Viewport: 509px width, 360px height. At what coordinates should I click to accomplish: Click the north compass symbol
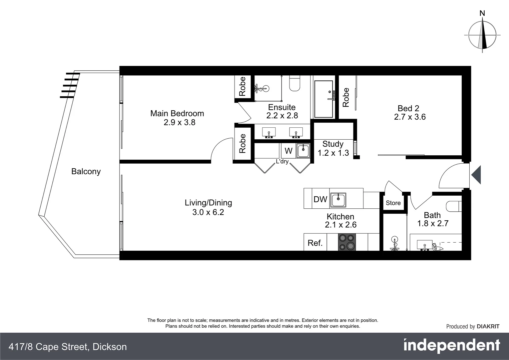482,35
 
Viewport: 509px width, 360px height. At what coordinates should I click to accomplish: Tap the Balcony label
86,171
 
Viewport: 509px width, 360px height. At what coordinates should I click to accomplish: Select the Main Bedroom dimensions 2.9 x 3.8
179,122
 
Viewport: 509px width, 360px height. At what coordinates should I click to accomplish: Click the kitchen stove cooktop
347,242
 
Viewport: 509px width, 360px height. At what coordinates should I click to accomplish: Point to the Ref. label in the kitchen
315,243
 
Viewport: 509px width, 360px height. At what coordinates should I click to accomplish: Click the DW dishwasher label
320,199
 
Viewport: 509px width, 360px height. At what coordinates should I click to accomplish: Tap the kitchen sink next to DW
338,200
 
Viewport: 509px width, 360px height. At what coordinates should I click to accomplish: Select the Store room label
393,203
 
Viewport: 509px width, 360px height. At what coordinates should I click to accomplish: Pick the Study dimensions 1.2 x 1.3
333,153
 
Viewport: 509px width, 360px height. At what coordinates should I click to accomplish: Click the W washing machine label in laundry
288,151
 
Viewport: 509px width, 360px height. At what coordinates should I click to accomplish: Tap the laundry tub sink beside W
303,151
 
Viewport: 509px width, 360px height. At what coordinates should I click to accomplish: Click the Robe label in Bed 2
346,97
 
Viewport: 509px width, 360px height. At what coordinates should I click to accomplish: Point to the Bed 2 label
408,108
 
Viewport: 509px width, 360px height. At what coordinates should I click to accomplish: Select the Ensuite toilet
295,83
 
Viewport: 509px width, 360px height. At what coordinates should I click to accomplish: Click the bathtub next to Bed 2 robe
323,99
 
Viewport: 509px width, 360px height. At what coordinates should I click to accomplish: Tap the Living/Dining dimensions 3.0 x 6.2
208,212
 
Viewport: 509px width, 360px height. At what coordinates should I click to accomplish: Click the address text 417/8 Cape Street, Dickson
68,347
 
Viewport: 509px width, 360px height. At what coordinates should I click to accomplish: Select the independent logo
452,346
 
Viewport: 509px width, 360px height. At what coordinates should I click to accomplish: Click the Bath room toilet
454,206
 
